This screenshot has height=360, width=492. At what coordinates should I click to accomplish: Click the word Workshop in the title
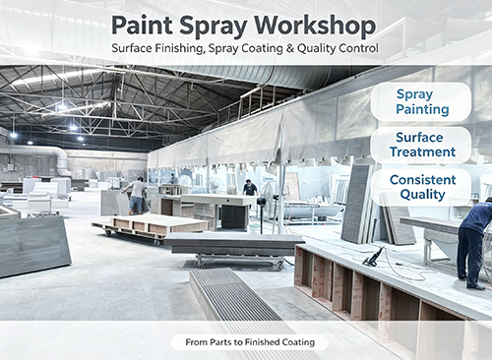[315, 26]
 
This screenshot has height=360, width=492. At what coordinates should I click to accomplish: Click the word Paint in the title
[142, 25]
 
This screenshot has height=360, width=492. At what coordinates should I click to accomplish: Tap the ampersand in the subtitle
[290, 48]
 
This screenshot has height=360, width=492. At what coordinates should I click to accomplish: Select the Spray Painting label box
[421, 101]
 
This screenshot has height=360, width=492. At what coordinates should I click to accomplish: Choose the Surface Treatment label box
[421, 145]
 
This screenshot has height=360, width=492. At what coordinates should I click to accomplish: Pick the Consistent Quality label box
[421, 187]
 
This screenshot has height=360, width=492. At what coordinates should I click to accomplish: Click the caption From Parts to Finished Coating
[250, 342]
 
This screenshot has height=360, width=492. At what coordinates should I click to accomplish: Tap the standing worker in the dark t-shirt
[251, 189]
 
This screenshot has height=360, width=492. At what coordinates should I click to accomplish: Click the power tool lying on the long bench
[374, 257]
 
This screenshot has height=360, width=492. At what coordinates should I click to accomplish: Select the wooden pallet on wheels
[151, 227]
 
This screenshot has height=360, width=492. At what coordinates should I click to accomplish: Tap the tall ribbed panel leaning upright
[356, 204]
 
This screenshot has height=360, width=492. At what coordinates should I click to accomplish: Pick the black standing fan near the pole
[262, 213]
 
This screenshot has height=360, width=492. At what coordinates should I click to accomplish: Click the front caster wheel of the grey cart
[198, 263]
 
